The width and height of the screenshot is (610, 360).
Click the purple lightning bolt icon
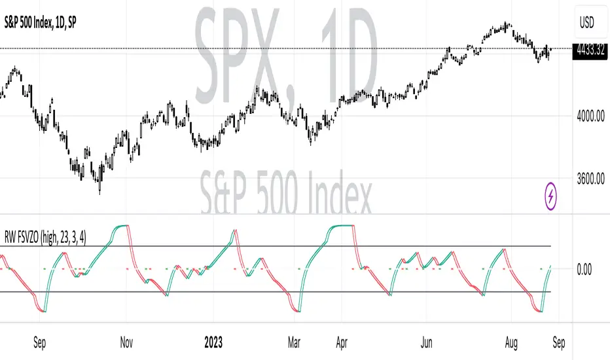click(x=551, y=195)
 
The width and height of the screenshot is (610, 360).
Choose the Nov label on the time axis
click(x=127, y=341)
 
